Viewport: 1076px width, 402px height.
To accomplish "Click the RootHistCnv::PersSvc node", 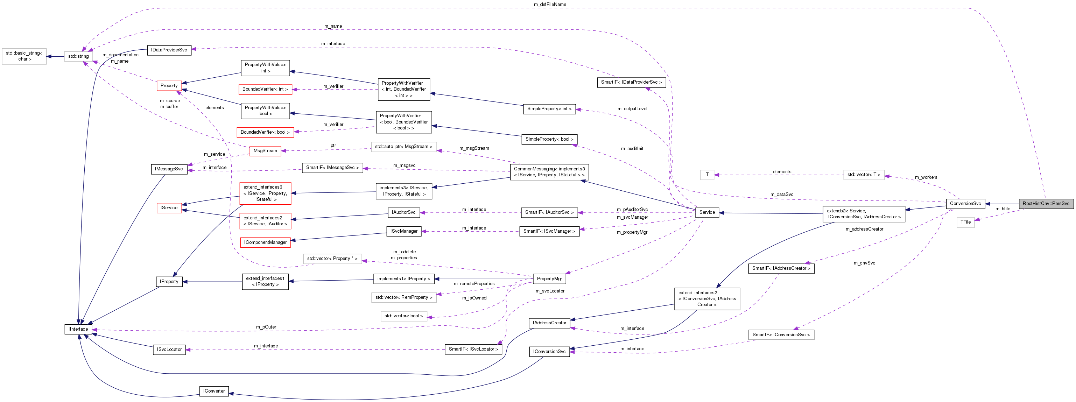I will coord(1046,204).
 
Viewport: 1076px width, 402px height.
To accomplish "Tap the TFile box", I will coord(965,222).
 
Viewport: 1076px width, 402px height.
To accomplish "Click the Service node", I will coord(707,212).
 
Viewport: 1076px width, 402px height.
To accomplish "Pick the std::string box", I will coord(78,56).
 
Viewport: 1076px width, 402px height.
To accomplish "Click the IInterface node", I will coord(78,329).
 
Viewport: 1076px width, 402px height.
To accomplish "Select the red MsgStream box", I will coord(265,151).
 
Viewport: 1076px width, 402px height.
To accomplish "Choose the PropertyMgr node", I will coord(549,279).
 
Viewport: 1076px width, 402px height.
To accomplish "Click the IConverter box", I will coord(214,391).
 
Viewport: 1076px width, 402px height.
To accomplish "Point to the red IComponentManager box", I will coord(265,242).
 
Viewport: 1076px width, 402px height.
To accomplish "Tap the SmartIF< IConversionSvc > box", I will coord(781,335).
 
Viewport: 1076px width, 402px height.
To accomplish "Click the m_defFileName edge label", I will coord(550,4).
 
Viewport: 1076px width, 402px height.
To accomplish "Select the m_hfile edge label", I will coord(1003,209).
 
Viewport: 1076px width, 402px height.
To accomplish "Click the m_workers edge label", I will coord(926,177).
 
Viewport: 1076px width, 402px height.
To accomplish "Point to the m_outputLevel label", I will coord(632,109).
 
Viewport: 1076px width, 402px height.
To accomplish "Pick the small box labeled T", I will coord(707,175).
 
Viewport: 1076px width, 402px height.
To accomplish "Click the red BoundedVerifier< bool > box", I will coord(265,132).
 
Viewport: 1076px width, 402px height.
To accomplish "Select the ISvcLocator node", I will coord(169,350).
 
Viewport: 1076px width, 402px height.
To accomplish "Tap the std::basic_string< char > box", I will coord(24,56).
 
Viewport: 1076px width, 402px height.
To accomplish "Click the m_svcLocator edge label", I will coord(550,291).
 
